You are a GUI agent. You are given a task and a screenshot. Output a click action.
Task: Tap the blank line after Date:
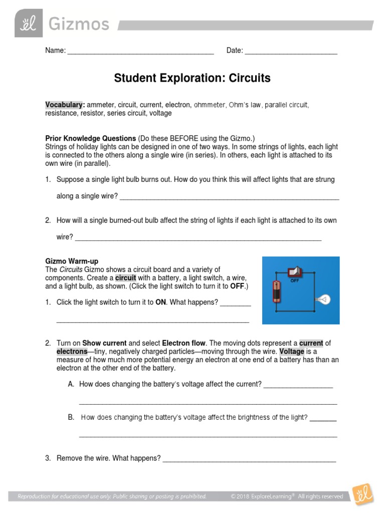(291, 52)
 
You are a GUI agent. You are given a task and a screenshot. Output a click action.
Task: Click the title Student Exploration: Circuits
(192, 78)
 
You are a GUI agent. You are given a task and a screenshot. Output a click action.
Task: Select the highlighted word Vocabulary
(64, 105)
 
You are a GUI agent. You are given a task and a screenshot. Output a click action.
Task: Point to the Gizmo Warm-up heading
(72, 261)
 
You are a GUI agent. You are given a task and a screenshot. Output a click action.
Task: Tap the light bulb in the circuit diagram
(322, 300)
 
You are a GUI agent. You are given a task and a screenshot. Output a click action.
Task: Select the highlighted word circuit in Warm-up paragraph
(125, 278)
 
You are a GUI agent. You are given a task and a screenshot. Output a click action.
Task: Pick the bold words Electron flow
(183, 343)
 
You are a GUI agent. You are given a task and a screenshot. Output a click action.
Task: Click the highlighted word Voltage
(292, 351)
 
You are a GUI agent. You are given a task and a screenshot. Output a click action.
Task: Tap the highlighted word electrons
(72, 351)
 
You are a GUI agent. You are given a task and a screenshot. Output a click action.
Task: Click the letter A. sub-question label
(71, 384)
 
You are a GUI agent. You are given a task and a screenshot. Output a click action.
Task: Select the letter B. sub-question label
(71, 417)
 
